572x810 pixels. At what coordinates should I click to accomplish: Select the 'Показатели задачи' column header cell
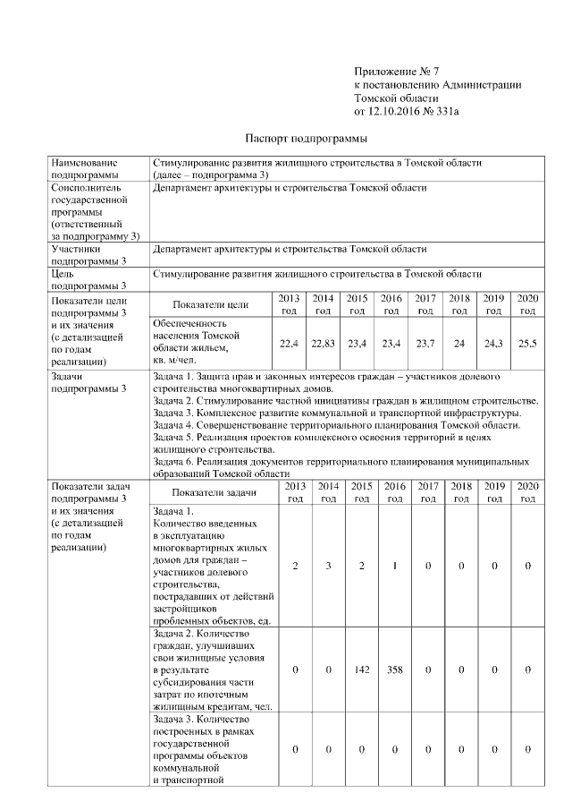click(214, 492)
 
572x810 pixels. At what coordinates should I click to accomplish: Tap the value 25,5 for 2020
click(527, 343)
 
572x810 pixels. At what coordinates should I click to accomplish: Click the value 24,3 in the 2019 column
click(493, 343)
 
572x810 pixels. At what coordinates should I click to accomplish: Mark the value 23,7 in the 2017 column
click(425, 343)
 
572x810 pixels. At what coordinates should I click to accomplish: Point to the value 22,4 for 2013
click(289, 343)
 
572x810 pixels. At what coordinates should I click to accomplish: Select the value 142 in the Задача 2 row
click(361, 669)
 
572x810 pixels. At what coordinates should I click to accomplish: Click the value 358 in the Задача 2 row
click(394, 669)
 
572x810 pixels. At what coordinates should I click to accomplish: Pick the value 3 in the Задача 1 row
click(328, 566)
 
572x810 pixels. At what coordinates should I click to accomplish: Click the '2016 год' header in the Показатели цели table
click(391, 304)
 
